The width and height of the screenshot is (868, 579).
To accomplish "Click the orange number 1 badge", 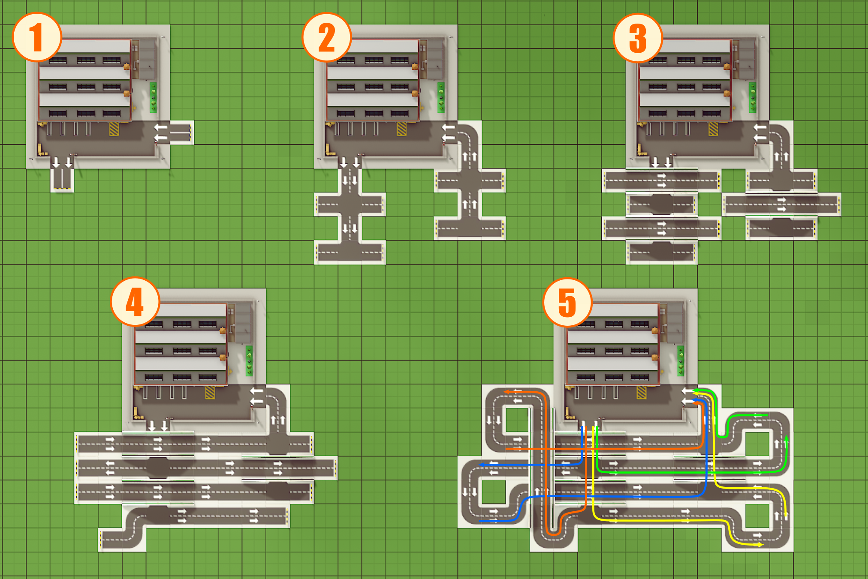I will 37,37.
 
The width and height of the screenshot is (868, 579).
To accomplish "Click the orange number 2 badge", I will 327,37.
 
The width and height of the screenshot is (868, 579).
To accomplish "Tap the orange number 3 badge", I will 638,38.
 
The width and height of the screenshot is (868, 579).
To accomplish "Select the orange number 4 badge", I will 135,302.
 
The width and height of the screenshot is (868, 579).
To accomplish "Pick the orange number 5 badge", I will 567,302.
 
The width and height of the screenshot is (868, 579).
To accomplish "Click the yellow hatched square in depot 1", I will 114,129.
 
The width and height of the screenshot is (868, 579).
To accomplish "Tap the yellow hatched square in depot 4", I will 210,393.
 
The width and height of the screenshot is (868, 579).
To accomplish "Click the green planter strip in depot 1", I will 153,98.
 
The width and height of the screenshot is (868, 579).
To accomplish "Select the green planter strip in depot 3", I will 752,98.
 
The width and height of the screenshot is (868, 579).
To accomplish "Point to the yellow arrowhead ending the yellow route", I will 760,545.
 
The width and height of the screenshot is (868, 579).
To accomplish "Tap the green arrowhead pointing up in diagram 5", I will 786,439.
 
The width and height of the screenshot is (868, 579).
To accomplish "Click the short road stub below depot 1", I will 62,179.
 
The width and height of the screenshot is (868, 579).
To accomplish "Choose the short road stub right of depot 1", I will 180,132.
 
